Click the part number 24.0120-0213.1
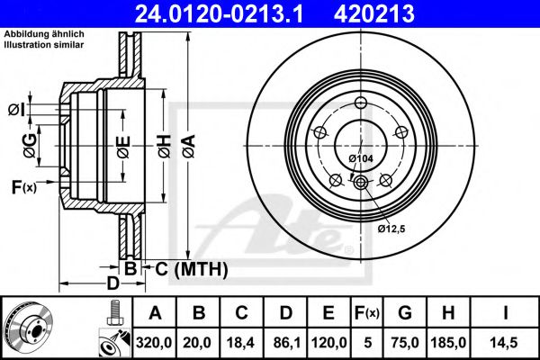tap(213, 13)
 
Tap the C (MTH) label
tap(191, 269)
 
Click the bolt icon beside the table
tap(113, 312)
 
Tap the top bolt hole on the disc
tap(360, 101)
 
